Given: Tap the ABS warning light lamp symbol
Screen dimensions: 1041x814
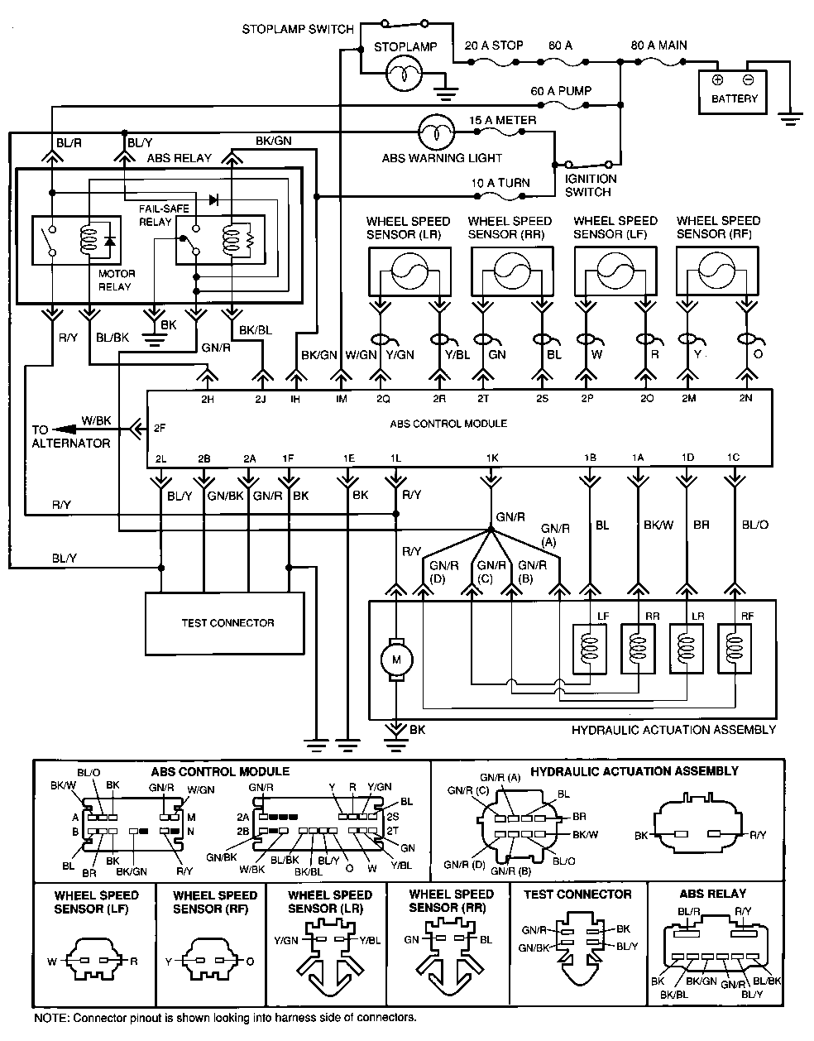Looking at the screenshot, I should (x=432, y=131).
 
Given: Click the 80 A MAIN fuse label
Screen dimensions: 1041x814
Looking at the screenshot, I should (x=658, y=46).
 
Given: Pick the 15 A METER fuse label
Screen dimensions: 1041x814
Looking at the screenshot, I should (x=502, y=121).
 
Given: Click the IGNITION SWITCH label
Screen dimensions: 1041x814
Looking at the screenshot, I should (x=590, y=185).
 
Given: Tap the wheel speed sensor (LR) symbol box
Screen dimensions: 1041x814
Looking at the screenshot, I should (x=408, y=270).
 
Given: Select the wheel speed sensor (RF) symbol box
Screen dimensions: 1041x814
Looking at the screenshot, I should (x=717, y=270).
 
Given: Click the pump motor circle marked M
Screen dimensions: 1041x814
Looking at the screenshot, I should (x=396, y=660).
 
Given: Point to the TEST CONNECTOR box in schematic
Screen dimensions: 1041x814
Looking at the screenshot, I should (x=227, y=623).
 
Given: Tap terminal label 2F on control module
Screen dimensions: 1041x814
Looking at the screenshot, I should (x=159, y=429).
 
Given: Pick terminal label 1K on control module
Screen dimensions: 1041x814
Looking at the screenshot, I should (x=491, y=458).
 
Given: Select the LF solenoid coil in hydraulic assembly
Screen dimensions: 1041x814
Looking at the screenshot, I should (x=590, y=648).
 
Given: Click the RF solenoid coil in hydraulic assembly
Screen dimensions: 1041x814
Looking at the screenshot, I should (x=733, y=648).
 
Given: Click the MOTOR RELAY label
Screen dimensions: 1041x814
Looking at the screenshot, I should (x=116, y=280).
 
